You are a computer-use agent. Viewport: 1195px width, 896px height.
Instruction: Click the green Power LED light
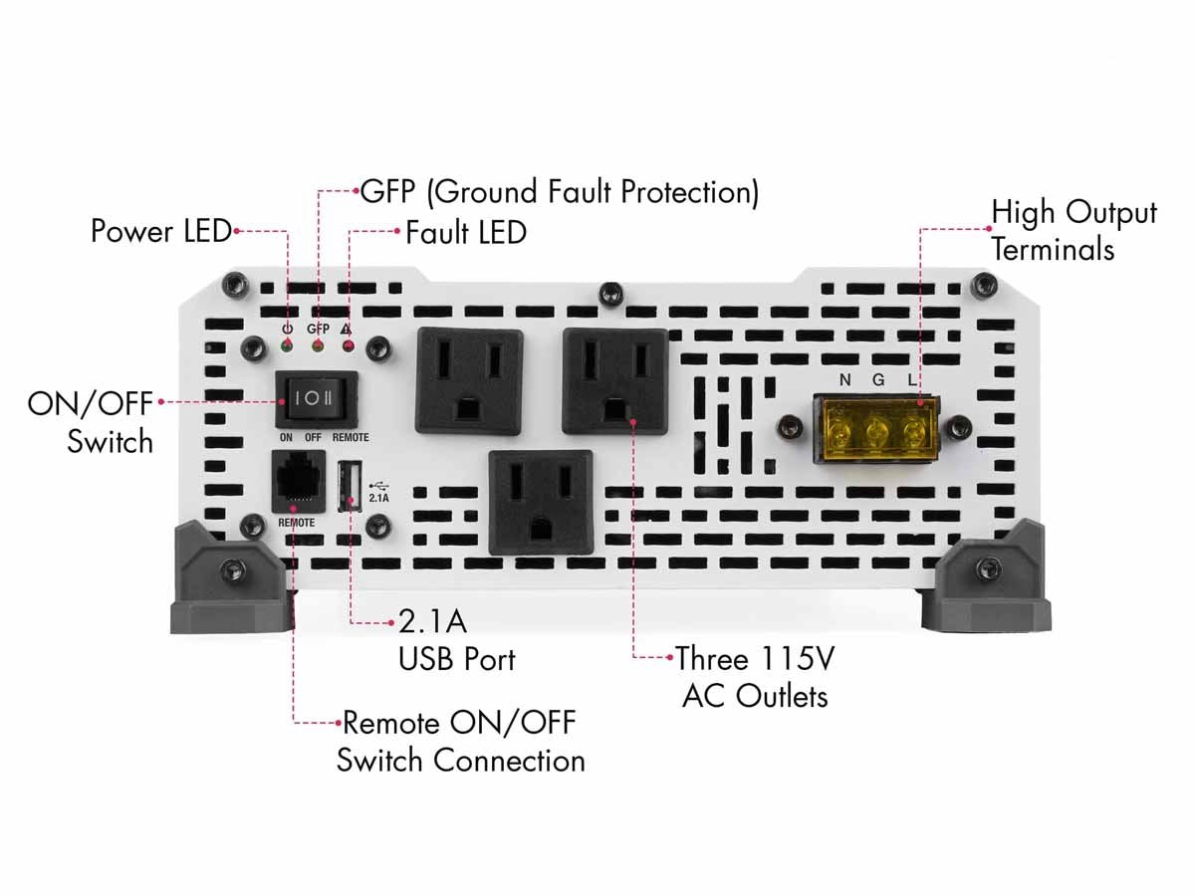tap(287, 346)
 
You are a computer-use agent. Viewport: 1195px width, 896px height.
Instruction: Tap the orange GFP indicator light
tap(318, 346)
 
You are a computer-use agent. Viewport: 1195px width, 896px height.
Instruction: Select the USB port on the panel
tap(351, 486)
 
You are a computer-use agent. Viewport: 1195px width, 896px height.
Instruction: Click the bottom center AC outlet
tap(541, 501)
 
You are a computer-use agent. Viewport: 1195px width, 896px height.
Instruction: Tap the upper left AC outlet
tap(468, 381)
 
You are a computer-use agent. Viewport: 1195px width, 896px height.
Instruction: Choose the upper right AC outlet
tap(614, 380)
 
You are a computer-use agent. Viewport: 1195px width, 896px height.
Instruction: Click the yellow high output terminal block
tap(876, 431)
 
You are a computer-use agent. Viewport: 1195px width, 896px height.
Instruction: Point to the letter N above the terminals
tap(845, 379)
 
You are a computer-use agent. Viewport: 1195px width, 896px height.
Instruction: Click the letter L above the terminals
tap(910, 379)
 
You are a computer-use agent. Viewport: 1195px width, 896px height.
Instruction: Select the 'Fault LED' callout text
tap(465, 233)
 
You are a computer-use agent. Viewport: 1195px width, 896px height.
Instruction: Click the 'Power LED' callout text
tap(161, 231)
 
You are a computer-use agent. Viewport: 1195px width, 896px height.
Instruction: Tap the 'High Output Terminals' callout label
tap(1074, 230)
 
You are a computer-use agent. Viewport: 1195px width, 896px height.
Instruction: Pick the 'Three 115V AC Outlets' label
tap(753, 677)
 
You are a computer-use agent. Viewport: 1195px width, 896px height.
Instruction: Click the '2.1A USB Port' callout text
tap(456, 640)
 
